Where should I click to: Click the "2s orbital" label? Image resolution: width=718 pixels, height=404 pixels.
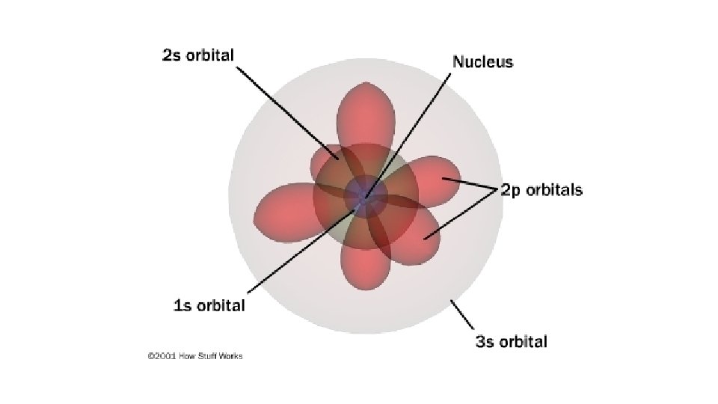pos(198,55)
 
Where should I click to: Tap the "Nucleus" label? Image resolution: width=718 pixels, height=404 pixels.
pos(482,61)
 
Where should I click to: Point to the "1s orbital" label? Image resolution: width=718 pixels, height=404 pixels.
pos(209,305)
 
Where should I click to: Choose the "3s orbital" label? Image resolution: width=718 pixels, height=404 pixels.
pos(512,342)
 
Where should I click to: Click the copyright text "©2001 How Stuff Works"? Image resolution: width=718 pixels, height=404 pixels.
pos(194,356)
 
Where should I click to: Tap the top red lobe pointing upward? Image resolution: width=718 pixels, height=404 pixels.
pos(366,112)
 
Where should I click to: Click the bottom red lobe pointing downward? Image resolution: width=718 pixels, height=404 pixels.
pos(364,266)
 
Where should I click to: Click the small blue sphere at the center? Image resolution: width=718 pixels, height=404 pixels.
pos(366,197)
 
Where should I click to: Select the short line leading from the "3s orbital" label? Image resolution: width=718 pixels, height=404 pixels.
pos(461,314)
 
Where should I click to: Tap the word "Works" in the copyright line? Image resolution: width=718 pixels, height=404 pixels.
pos(231,356)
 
